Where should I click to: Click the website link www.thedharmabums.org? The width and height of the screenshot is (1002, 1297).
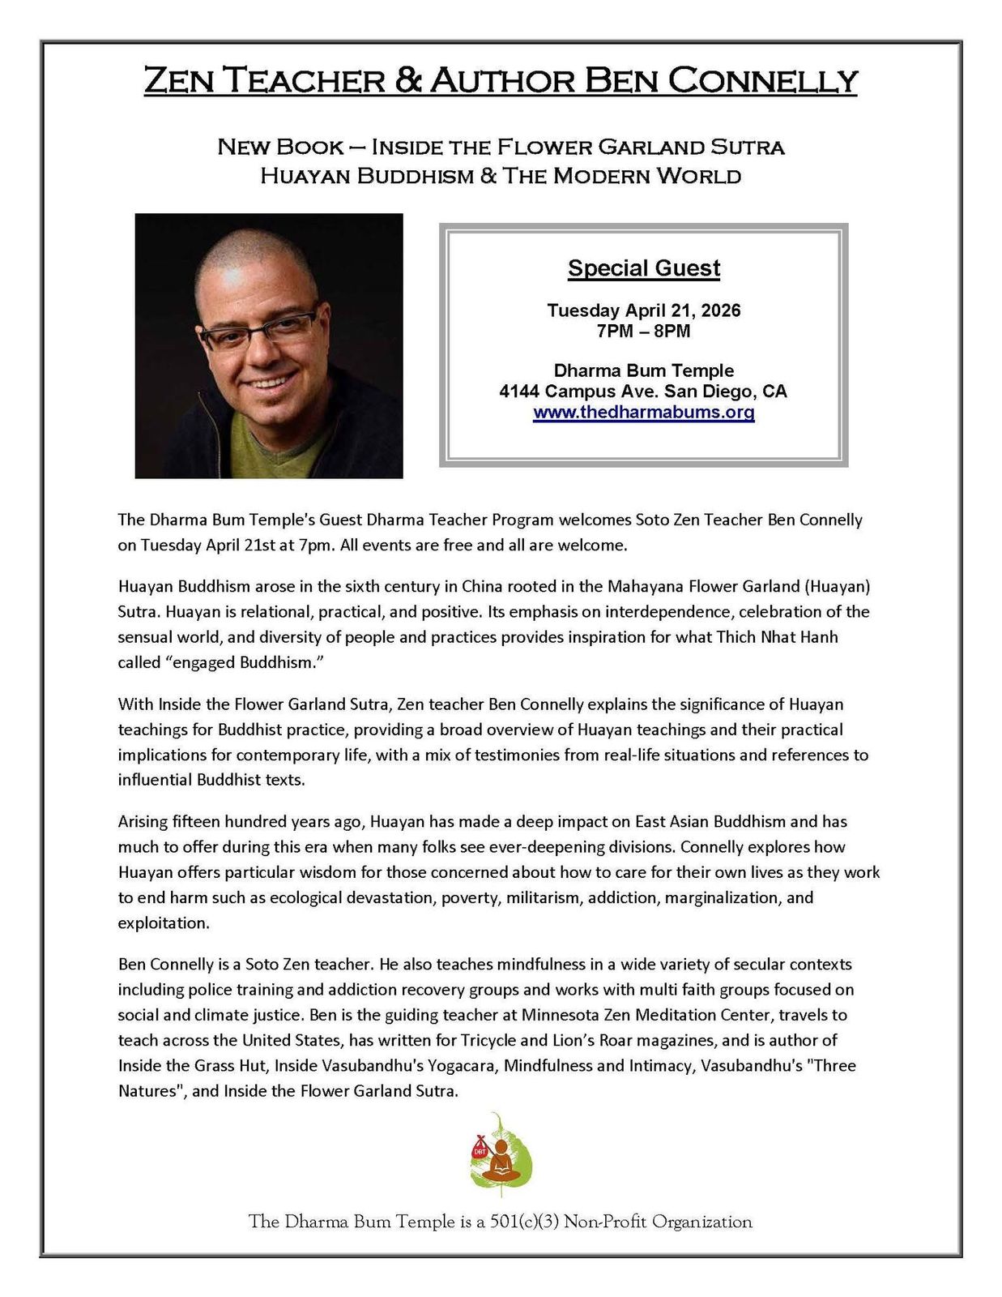(643, 413)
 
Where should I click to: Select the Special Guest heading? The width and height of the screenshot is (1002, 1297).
(643, 268)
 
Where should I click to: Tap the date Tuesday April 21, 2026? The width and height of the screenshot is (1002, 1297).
(643, 310)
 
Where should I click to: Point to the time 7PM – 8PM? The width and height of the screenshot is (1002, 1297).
(643, 331)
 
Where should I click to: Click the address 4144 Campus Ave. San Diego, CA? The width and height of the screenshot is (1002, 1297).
(643, 392)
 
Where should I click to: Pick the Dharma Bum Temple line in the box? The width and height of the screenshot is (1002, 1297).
(643, 370)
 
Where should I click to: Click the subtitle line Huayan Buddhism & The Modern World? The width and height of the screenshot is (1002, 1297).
(501, 176)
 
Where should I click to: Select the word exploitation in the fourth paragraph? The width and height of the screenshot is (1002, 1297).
(163, 922)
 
